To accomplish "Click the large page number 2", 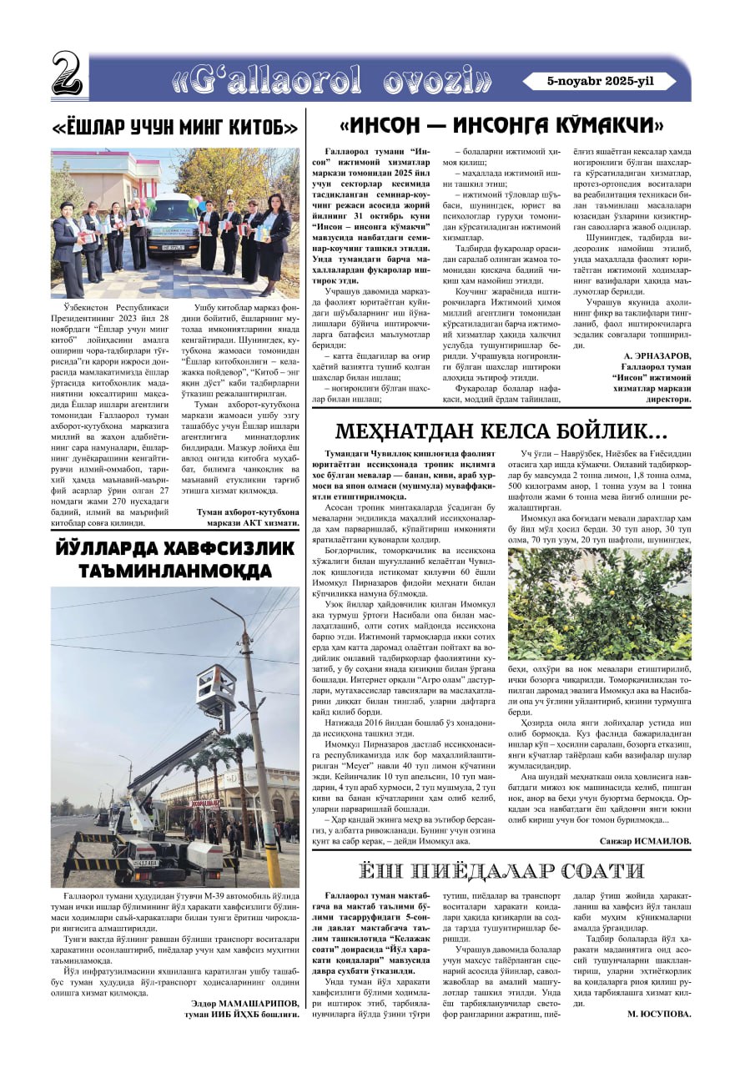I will tap(67, 74).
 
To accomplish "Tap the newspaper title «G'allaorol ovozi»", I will tap(332, 78).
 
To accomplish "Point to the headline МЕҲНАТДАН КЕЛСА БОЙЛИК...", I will tap(501, 431).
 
